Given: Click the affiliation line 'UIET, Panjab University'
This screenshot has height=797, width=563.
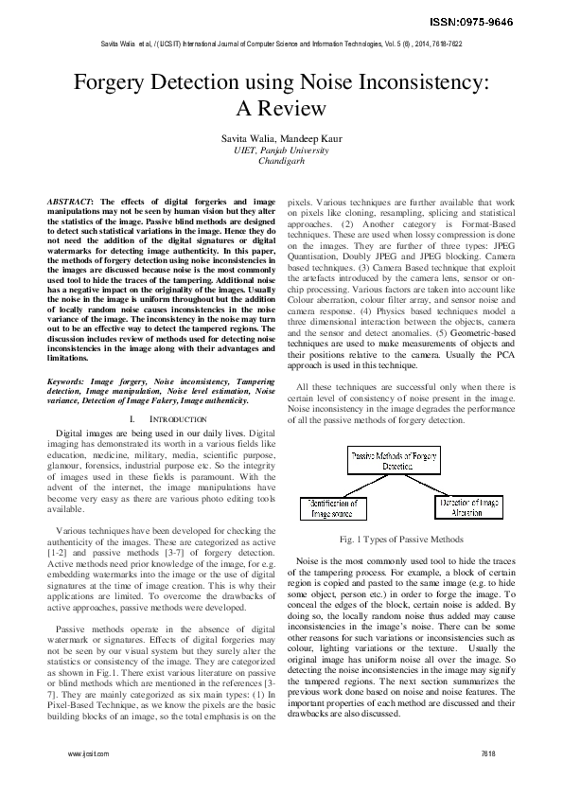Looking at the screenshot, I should pyautogui.click(x=281, y=150).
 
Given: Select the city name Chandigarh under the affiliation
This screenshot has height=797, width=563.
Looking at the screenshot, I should pyautogui.click(x=281, y=161).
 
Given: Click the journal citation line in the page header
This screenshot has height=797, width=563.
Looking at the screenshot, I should pyautogui.click(x=281, y=44).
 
